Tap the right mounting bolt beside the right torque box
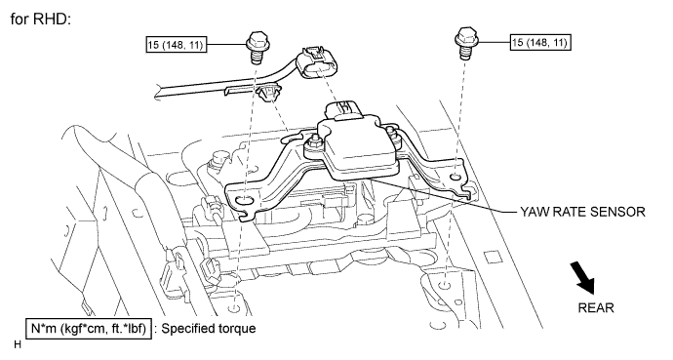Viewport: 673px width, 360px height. [x=465, y=42]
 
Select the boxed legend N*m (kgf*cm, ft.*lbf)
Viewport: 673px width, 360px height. [x=89, y=328]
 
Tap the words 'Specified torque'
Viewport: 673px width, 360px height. [x=210, y=328]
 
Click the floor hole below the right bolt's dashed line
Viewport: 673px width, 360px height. [x=445, y=286]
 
